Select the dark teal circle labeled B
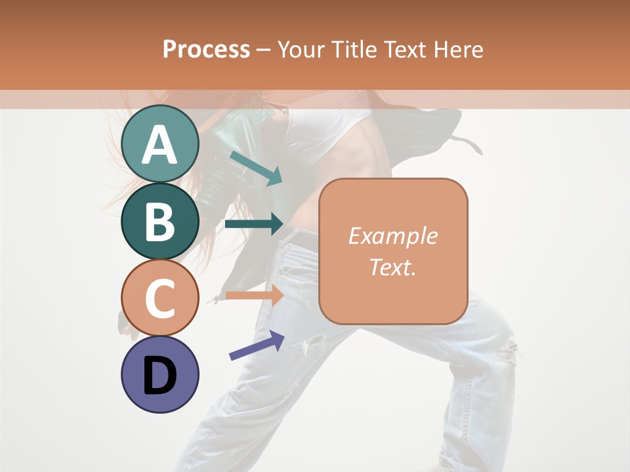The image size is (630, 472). pyautogui.click(x=160, y=222)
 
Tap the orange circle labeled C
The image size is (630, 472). pyautogui.click(x=160, y=298)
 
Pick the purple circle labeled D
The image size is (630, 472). pyautogui.click(x=160, y=374)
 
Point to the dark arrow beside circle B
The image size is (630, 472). pyautogui.click(x=254, y=224)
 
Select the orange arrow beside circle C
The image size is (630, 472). pyautogui.click(x=254, y=295)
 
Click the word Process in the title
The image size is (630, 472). pyautogui.click(x=206, y=50)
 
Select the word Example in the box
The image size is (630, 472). pyautogui.click(x=392, y=236)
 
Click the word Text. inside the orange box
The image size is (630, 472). pyautogui.click(x=392, y=267)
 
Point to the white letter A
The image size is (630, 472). pyautogui.click(x=160, y=144)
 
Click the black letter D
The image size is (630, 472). pyautogui.click(x=160, y=377)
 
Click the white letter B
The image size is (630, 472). pyautogui.click(x=160, y=222)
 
